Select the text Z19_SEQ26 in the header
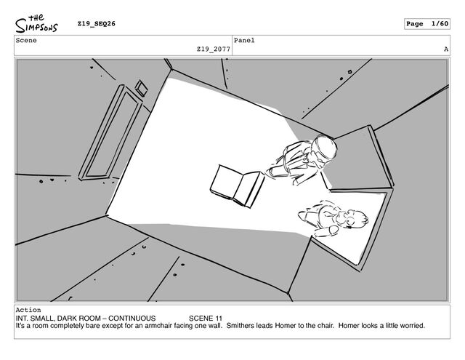[x=97, y=24]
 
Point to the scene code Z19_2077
[x=214, y=49]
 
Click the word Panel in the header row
[x=245, y=41]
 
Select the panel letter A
[x=445, y=49]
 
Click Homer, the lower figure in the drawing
[x=333, y=217]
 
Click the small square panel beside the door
[x=141, y=88]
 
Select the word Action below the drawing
[x=29, y=310]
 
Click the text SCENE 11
[x=206, y=319]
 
